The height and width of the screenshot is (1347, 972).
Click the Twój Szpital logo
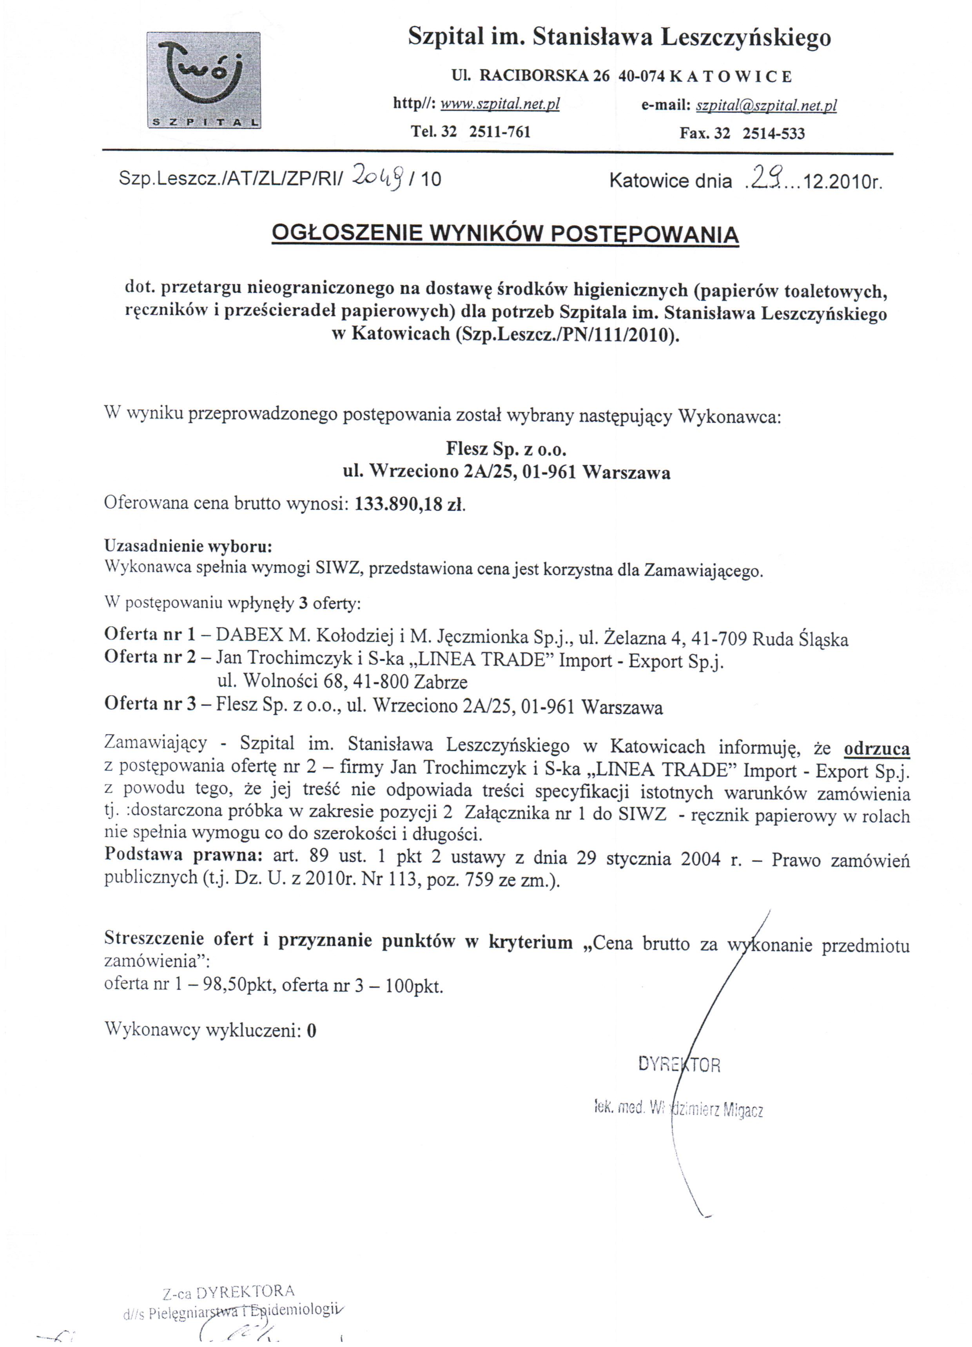(x=203, y=80)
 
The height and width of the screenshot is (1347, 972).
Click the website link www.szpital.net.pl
(x=500, y=105)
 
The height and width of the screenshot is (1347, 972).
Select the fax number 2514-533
(x=774, y=133)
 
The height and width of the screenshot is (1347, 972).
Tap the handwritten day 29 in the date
(x=765, y=176)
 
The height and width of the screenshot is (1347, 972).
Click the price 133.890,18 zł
(x=409, y=504)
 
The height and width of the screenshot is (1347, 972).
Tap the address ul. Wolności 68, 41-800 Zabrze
(x=342, y=681)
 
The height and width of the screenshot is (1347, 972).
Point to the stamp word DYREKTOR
(x=679, y=1064)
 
